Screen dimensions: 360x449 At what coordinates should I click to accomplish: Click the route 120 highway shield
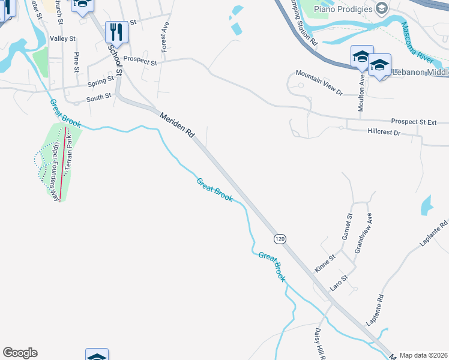[x=280, y=239]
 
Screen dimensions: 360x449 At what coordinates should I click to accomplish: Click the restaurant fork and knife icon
[x=116, y=32]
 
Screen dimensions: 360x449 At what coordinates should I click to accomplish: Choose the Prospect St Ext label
[x=413, y=122]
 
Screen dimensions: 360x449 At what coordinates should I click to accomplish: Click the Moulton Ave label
[x=362, y=88]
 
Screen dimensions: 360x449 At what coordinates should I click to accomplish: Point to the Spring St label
[x=100, y=81]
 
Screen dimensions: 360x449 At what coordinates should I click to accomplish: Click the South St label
[x=99, y=96]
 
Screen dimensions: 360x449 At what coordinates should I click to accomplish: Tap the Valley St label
[x=63, y=39]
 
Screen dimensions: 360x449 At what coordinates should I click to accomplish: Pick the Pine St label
[x=76, y=62]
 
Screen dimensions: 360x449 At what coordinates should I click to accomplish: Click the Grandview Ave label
[x=364, y=233]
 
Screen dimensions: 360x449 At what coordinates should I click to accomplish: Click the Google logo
[x=20, y=353]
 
